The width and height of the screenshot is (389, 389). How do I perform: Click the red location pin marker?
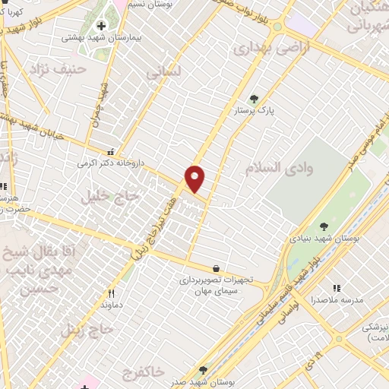tap(195, 178)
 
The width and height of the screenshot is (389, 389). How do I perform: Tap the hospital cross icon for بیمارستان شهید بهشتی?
tap(100, 26)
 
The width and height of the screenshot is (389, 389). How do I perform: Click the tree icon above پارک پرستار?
tap(254, 98)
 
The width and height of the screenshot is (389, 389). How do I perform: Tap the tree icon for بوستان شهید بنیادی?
tap(324, 226)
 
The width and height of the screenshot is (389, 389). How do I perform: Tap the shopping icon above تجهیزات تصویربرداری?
tap(217, 268)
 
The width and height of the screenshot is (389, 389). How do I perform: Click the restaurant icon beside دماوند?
tap(111, 293)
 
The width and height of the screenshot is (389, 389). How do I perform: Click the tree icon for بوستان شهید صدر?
tap(203, 369)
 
